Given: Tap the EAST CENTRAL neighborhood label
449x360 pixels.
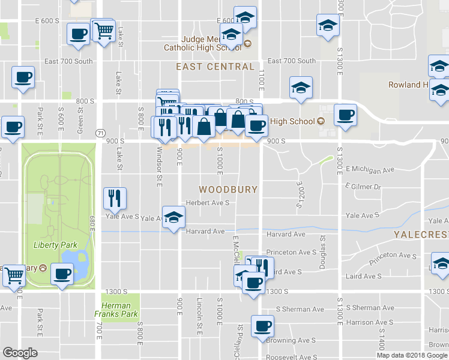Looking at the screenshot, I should (x=215, y=67).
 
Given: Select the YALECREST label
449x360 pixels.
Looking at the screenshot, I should (x=421, y=234).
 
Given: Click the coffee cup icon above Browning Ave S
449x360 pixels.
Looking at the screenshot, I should (x=262, y=326).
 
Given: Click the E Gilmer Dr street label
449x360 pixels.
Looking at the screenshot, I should (x=364, y=187).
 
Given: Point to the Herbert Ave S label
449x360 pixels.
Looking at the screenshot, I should (x=208, y=203).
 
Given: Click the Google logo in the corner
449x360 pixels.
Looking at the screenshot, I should (x=20, y=353).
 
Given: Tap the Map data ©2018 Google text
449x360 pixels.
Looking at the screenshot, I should (x=412, y=355).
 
